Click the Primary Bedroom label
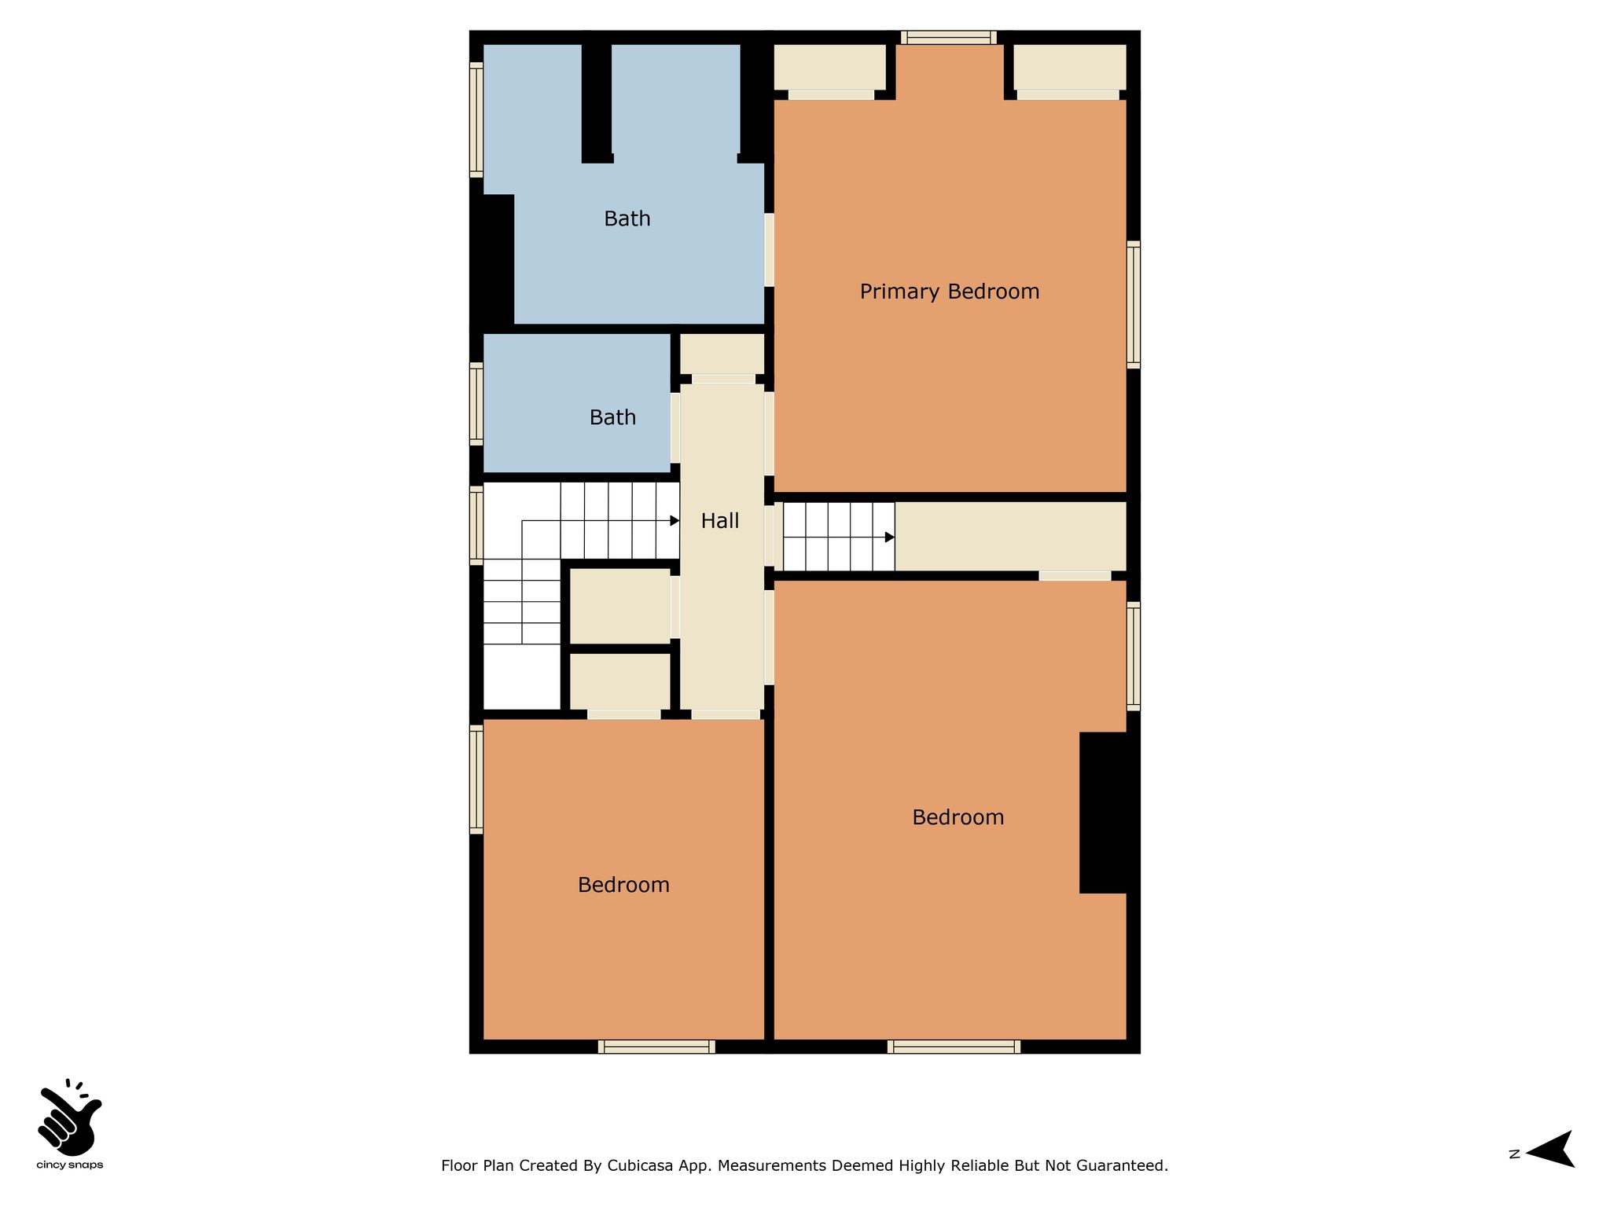(949, 292)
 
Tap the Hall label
(719, 520)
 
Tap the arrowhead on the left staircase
(675, 521)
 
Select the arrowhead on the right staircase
(890, 537)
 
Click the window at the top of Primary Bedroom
(949, 37)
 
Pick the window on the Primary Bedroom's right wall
(1133, 304)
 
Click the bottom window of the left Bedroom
(656, 1047)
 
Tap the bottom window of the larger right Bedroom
(954, 1047)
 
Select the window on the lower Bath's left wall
(476, 403)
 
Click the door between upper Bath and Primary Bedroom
(769, 250)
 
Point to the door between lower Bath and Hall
(675, 427)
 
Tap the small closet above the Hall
(722, 354)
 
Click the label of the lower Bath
(612, 417)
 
